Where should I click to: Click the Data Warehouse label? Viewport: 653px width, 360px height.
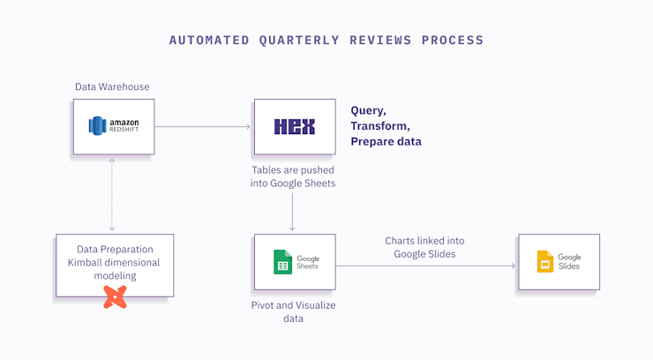(112, 86)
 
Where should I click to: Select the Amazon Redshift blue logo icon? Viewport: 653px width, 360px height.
(97, 126)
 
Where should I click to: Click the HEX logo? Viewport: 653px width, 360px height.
(295, 127)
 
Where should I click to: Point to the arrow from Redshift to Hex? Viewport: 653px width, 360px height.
(203, 127)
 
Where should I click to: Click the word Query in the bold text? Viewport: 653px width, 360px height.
(368, 110)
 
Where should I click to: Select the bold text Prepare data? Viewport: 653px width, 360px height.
(386, 141)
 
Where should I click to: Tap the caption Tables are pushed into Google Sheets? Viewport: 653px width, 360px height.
(294, 176)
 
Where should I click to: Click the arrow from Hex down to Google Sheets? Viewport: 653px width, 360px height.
(294, 212)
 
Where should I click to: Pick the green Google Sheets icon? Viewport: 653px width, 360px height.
(282, 262)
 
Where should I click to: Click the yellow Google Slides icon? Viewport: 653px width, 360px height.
(545, 261)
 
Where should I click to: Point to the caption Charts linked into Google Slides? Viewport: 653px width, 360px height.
(424, 247)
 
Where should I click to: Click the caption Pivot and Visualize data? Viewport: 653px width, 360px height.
(294, 311)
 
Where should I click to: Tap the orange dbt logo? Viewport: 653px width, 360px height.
(115, 296)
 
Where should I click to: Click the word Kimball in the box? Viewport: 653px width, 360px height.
(89, 263)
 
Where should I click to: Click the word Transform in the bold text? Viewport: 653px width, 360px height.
(379, 126)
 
